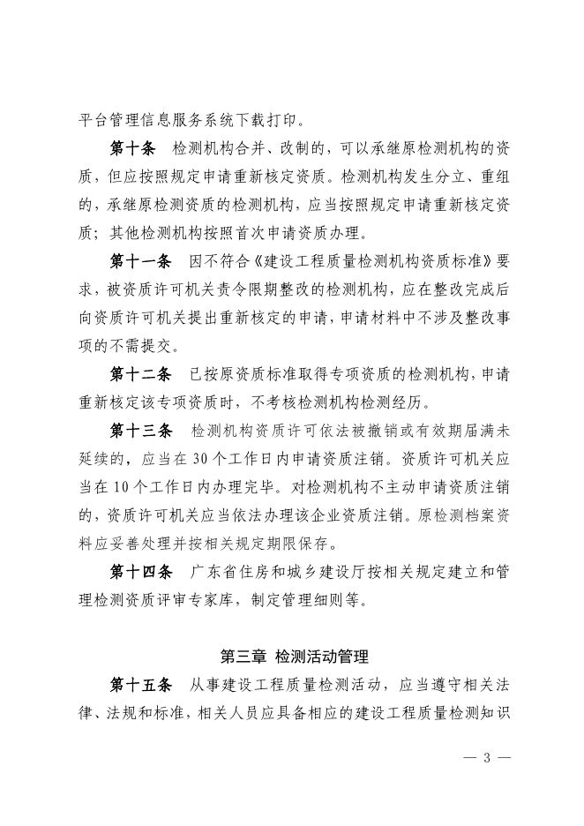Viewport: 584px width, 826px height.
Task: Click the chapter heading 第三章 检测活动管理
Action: click(x=294, y=657)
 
